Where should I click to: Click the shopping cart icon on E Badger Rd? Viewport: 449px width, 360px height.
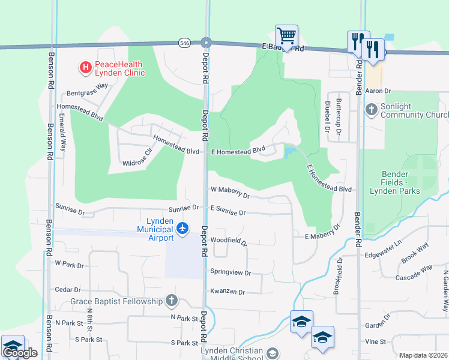click(x=286, y=37)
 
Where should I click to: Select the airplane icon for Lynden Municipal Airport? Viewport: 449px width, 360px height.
click(x=183, y=228)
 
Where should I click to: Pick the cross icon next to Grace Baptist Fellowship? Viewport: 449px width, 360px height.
click(x=172, y=301)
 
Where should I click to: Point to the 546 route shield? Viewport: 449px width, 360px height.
click(x=184, y=43)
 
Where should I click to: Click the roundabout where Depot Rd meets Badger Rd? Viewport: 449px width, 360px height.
click(x=206, y=43)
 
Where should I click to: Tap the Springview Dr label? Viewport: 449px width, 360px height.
click(x=230, y=272)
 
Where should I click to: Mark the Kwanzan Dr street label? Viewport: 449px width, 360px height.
click(x=228, y=291)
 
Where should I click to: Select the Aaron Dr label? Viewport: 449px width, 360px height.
click(x=378, y=91)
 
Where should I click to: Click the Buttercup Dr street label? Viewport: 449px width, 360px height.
click(x=339, y=116)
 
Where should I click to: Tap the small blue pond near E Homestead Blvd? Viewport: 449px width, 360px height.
click(x=289, y=152)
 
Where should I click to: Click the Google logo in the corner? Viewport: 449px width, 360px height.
click(x=20, y=353)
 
